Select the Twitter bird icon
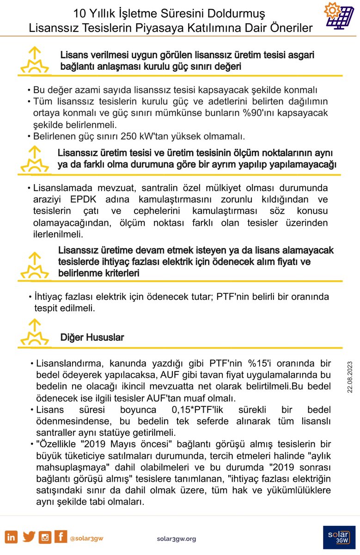click(29, 537)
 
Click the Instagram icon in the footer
click(45, 537)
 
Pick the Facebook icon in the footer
click(60, 537)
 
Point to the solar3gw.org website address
click(177, 538)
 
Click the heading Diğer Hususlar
click(92, 337)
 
